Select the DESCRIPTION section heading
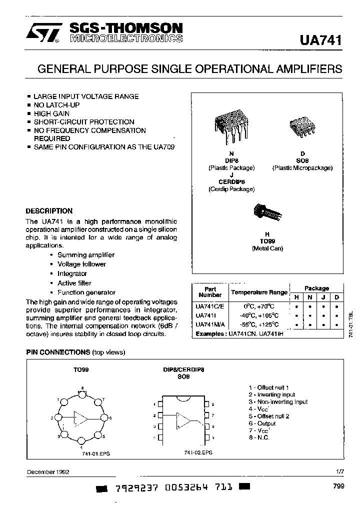(49, 211)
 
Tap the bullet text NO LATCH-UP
(56, 105)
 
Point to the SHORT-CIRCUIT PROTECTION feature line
(84, 122)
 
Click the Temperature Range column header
(258, 292)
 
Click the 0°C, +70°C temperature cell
(259, 306)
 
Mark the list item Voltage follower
(81, 264)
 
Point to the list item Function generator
(86, 292)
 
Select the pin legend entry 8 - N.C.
(259, 437)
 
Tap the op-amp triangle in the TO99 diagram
(80, 417)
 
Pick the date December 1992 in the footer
(48, 472)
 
